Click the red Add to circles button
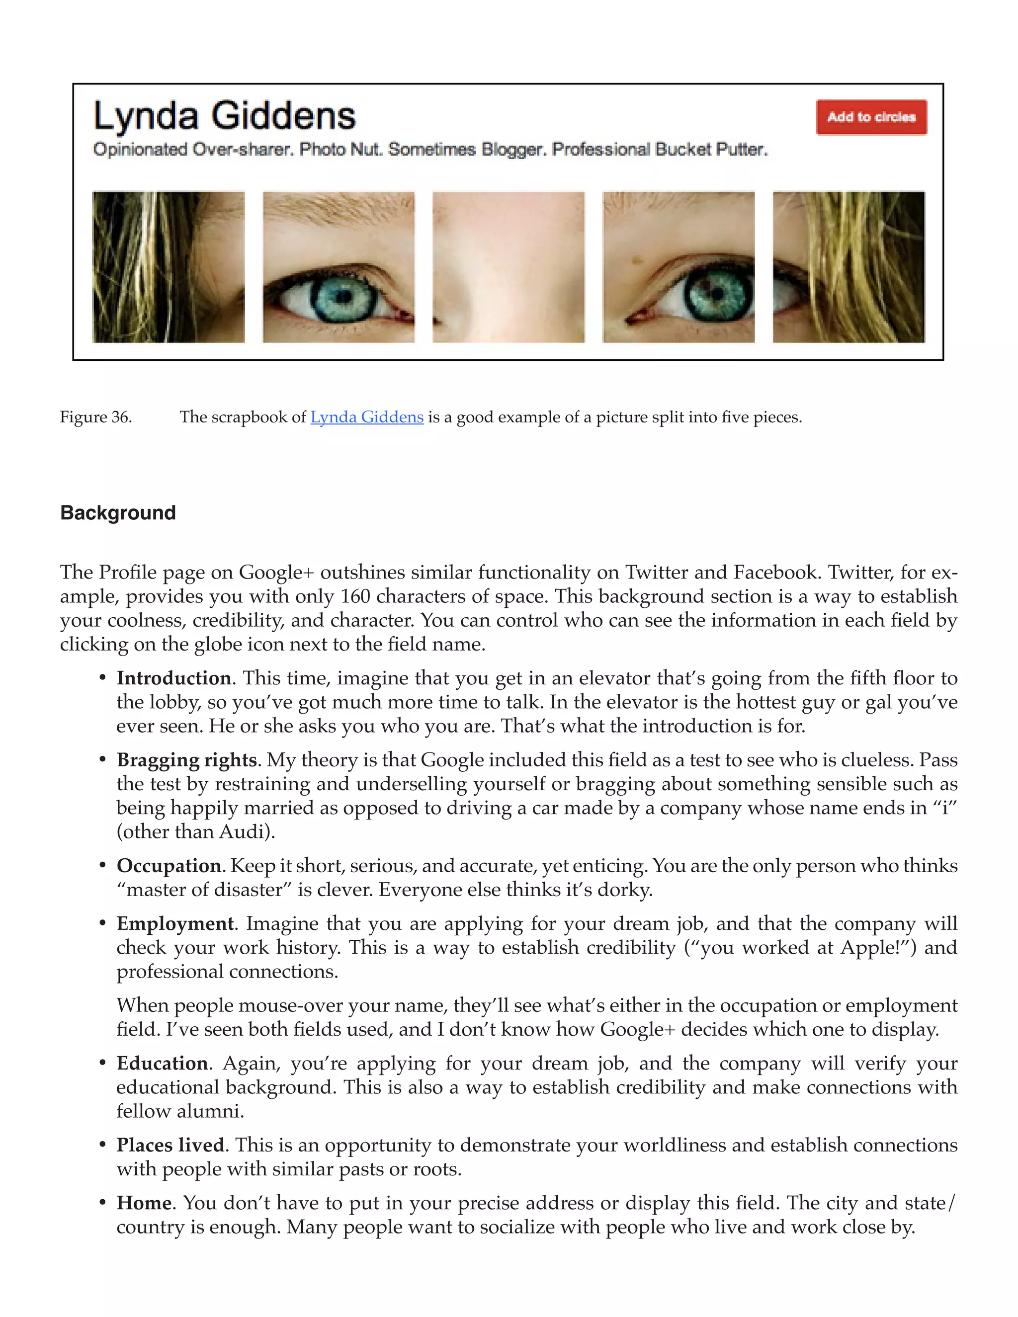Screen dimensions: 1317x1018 [871, 117]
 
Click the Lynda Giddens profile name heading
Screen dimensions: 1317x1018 [224, 116]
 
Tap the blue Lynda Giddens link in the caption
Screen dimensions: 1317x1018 [367, 417]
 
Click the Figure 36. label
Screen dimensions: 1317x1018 [96, 417]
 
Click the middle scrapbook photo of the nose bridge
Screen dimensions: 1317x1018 [509, 267]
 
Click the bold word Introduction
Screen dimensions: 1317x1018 [173, 678]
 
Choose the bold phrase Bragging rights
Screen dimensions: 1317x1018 [187, 760]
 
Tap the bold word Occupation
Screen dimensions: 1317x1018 [169, 866]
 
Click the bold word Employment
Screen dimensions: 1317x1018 [175, 924]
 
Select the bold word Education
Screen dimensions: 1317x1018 [162, 1063]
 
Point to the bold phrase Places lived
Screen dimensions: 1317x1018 [170, 1145]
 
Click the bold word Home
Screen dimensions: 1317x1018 [144, 1203]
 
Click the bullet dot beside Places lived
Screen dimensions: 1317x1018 [102, 1146]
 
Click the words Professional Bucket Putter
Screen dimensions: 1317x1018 [660, 150]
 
